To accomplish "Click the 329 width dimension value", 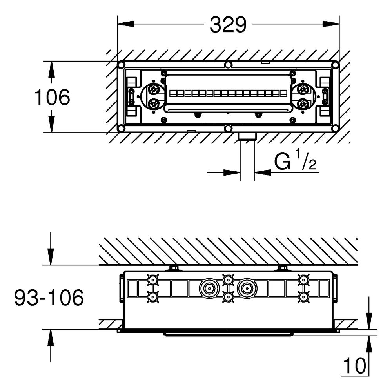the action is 228,24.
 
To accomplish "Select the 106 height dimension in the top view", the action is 52,97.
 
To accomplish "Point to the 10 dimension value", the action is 354,366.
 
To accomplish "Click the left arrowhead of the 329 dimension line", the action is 126,24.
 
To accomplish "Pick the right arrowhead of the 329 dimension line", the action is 331,24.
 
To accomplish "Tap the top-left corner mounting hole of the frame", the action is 121,65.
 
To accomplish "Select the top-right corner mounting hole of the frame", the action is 335,65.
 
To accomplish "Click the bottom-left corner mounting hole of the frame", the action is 121,128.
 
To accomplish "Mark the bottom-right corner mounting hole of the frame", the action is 335,128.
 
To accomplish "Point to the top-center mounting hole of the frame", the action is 228,65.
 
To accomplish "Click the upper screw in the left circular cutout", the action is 154,89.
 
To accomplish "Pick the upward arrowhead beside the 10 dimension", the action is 369,344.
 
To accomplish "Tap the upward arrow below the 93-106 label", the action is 51,346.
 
